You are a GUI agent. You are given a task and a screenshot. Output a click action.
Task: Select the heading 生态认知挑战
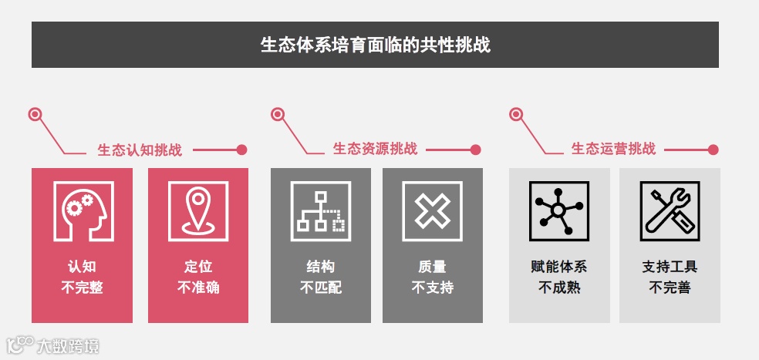coord(140,150)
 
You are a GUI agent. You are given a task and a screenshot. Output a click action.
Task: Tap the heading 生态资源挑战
coord(375,149)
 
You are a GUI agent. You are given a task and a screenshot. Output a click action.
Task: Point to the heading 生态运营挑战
coord(613,149)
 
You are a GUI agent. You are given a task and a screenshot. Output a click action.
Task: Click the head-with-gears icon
coord(83,211)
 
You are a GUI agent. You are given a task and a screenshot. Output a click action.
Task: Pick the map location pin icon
coord(198,211)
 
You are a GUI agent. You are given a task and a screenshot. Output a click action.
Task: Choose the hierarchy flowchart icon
coord(320,211)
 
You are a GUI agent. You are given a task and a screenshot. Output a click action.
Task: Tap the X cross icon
coord(432,211)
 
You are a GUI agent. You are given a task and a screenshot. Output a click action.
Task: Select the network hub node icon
coord(558,211)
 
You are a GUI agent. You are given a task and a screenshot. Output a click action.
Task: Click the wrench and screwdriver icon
coord(670,211)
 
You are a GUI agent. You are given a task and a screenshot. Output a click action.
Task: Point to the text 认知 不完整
coord(83,278)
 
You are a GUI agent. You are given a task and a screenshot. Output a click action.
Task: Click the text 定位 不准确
coord(198,278)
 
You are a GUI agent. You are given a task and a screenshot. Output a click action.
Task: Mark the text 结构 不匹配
coord(320,278)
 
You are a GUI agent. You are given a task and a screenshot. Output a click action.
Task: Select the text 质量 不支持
coord(432,278)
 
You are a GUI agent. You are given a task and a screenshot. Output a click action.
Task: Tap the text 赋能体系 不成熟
coord(559,278)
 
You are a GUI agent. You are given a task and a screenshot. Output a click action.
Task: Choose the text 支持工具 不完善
coord(670,278)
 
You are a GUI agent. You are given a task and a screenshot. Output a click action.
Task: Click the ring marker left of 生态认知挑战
coord(35,115)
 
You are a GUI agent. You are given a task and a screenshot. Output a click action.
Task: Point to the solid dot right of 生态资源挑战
coord(476,150)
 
